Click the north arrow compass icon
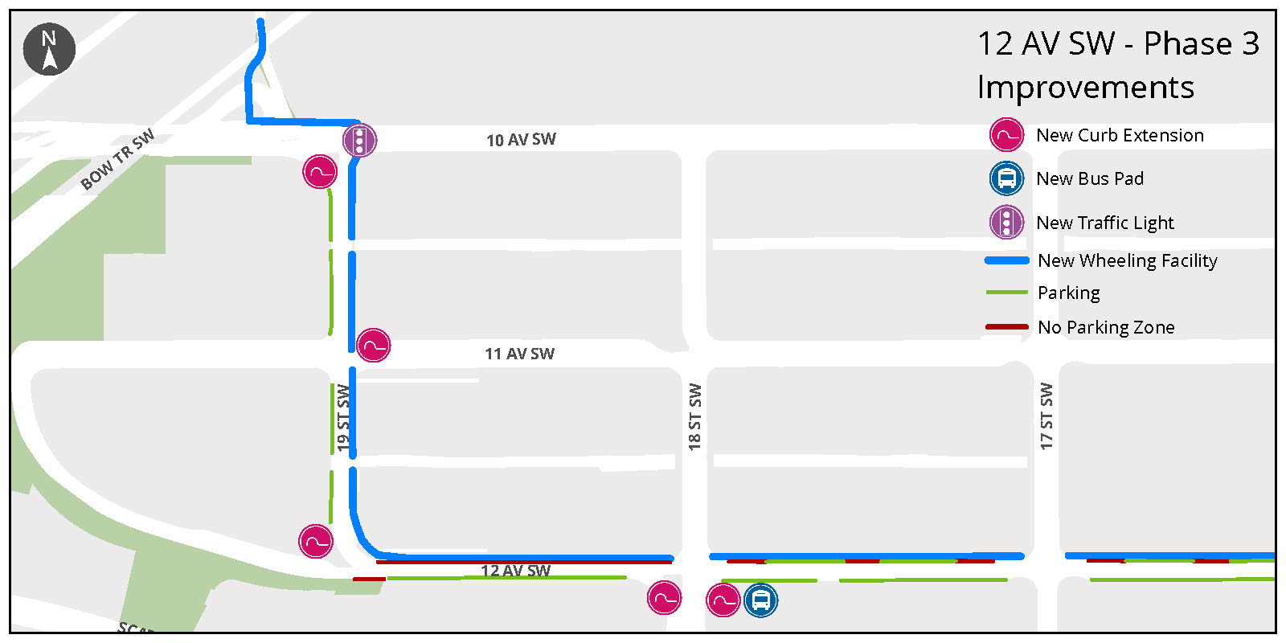(49, 49)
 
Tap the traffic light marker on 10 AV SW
(359, 141)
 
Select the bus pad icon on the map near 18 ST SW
(760, 600)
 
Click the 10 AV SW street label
(521, 140)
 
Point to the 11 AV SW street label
(519, 354)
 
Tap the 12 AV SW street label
(515, 571)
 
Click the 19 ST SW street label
(344, 417)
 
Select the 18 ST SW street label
(694, 416)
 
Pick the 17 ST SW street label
(1046, 416)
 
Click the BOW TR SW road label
(117, 159)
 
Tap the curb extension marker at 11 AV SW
(373, 346)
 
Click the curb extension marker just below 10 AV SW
(320, 172)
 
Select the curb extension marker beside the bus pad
(723, 600)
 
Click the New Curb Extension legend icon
(1006, 135)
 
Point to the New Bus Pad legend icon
(1006, 178)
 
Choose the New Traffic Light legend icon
(1006, 222)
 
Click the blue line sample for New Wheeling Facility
(1006, 260)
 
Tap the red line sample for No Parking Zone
(1006, 327)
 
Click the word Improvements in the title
(1085, 87)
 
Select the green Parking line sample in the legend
(1006, 293)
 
